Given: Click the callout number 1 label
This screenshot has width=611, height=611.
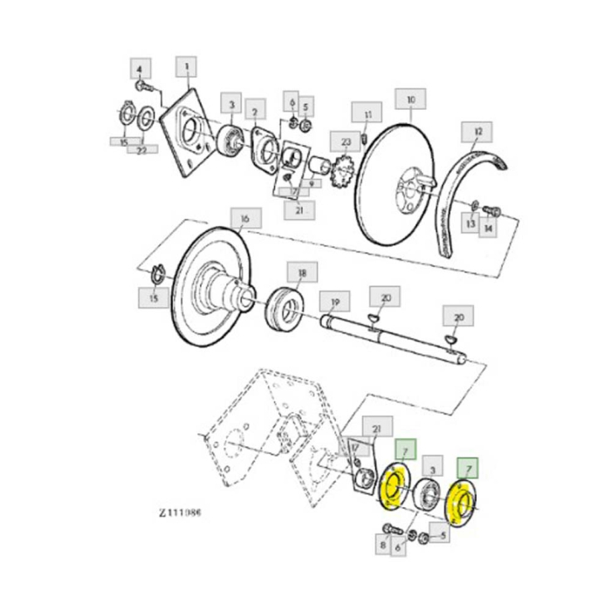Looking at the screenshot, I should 186,65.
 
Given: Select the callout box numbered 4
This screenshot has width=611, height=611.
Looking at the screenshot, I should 141,67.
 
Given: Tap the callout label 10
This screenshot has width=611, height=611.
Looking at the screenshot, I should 410,100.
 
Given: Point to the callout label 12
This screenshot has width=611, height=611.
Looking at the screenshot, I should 477,133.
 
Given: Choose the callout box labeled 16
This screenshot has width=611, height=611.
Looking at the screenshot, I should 244,217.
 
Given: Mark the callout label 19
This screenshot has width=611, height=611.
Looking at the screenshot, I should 333,301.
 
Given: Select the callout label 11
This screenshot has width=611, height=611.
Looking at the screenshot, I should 367,114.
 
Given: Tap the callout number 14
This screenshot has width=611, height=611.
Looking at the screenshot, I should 488,227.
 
